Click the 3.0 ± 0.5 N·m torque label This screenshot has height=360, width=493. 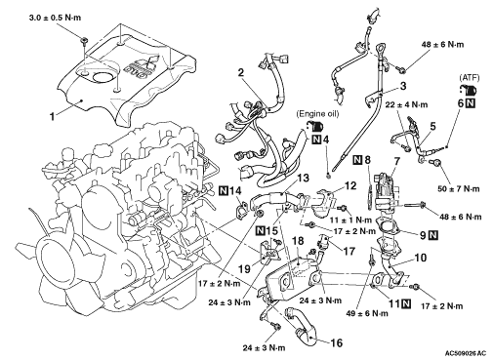(55, 18)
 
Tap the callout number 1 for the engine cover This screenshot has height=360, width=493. (52, 116)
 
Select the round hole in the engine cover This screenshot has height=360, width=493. (102, 78)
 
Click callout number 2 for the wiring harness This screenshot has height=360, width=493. (240, 72)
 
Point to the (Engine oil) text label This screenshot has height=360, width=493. (317, 114)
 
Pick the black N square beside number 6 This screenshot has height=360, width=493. (471, 103)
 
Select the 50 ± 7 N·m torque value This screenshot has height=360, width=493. (458, 188)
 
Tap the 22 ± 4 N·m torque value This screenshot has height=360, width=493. (406, 104)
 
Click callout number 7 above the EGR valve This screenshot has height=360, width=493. (396, 162)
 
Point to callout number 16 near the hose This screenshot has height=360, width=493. (337, 342)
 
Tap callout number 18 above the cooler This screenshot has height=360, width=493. (298, 241)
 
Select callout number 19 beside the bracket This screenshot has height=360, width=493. (245, 269)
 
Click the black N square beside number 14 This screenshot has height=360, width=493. (224, 190)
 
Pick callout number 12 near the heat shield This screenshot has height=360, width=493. (349, 185)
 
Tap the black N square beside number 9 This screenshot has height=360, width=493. (432, 234)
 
